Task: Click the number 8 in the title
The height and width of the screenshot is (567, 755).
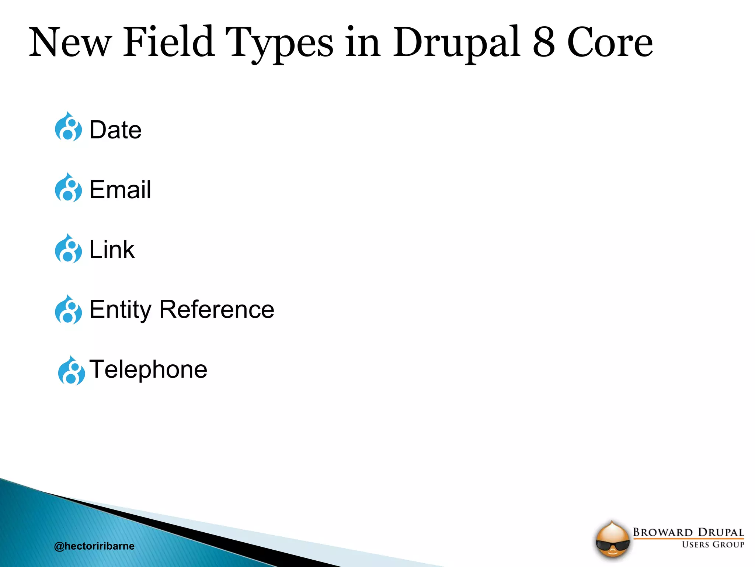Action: (543, 42)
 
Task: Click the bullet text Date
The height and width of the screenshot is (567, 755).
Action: (115, 130)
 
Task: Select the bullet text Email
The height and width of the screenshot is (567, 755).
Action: (120, 190)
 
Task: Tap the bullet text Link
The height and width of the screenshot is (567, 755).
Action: (112, 250)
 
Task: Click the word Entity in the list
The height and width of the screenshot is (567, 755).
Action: (120, 310)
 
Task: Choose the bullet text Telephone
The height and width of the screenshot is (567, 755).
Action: (148, 369)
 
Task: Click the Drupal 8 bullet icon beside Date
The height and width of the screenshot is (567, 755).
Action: (68, 127)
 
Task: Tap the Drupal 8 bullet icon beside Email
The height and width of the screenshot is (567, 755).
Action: (68, 188)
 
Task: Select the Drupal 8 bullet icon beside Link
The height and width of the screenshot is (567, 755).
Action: (68, 249)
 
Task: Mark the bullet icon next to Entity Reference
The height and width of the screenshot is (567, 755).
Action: (68, 310)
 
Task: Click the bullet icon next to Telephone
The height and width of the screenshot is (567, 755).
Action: (71, 371)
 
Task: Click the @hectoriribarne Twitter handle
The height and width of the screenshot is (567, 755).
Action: (94, 546)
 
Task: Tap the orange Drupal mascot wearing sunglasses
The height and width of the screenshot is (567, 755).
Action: (612, 540)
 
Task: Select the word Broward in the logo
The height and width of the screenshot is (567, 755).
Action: (662, 532)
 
